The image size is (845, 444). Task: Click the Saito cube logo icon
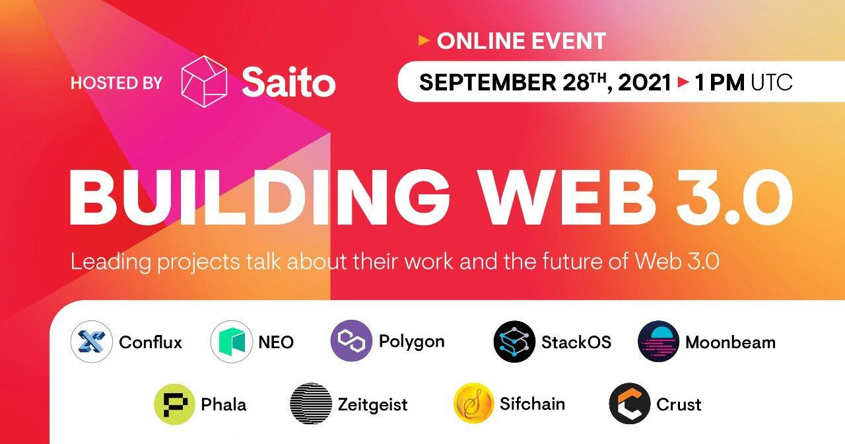pos(204,81)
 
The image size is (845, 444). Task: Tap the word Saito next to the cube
pos(288,81)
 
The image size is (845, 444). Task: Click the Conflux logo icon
pos(91,342)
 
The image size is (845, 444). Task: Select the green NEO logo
pos(231,342)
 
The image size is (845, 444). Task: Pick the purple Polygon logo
pos(351,340)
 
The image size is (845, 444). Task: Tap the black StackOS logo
pos(514,342)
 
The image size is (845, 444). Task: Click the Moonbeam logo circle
pos(659,342)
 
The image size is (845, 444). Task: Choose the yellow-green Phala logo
pos(175,404)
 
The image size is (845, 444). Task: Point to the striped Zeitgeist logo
pos(311,404)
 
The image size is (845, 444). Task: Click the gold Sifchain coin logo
pos(474,404)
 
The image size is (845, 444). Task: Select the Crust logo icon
pos(630,404)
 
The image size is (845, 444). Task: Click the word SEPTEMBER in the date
pos(488,83)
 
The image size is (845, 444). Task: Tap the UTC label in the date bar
pos(772,83)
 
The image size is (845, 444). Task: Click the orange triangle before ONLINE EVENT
pos(424,40)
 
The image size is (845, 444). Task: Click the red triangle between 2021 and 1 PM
pos(683,82)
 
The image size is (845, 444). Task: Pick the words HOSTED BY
pos(116,83)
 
